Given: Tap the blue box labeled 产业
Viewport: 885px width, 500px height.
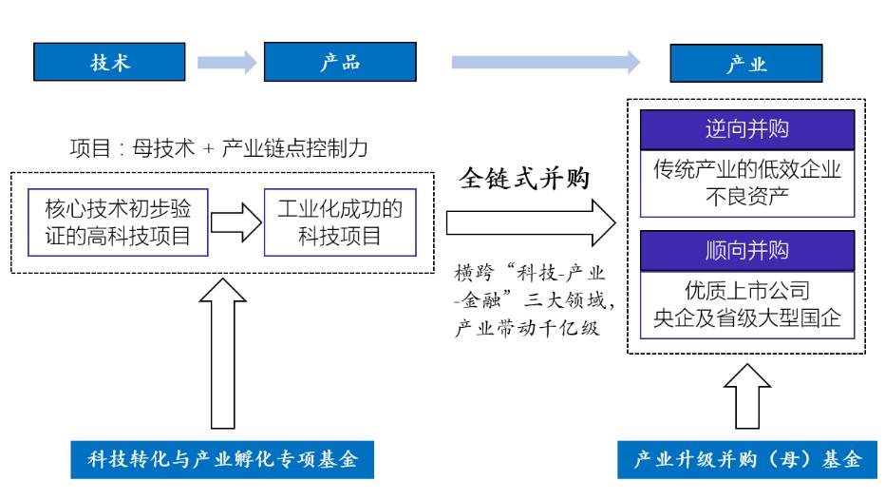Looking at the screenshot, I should click(x=744, y=64).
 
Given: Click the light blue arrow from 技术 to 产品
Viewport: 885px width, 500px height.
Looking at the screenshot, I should click(x=226, y=64).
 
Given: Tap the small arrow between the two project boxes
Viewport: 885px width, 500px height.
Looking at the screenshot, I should click(x=234, y=222).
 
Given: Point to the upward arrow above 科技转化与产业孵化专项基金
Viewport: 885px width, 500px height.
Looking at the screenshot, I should click(x=224, y=356).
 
